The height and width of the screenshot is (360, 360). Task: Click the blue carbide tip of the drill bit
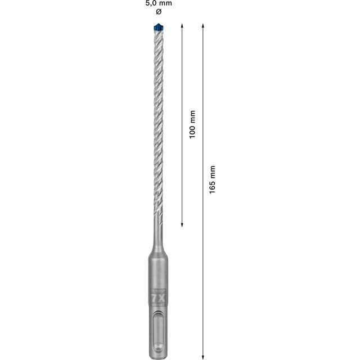point(157,27)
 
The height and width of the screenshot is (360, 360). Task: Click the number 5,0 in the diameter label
point(151,3)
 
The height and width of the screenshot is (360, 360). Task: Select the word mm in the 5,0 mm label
point(165,3)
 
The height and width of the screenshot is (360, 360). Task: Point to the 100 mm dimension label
point(192,124)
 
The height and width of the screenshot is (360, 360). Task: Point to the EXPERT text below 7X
point(157,304)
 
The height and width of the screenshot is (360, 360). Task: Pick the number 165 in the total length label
point(212,187)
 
